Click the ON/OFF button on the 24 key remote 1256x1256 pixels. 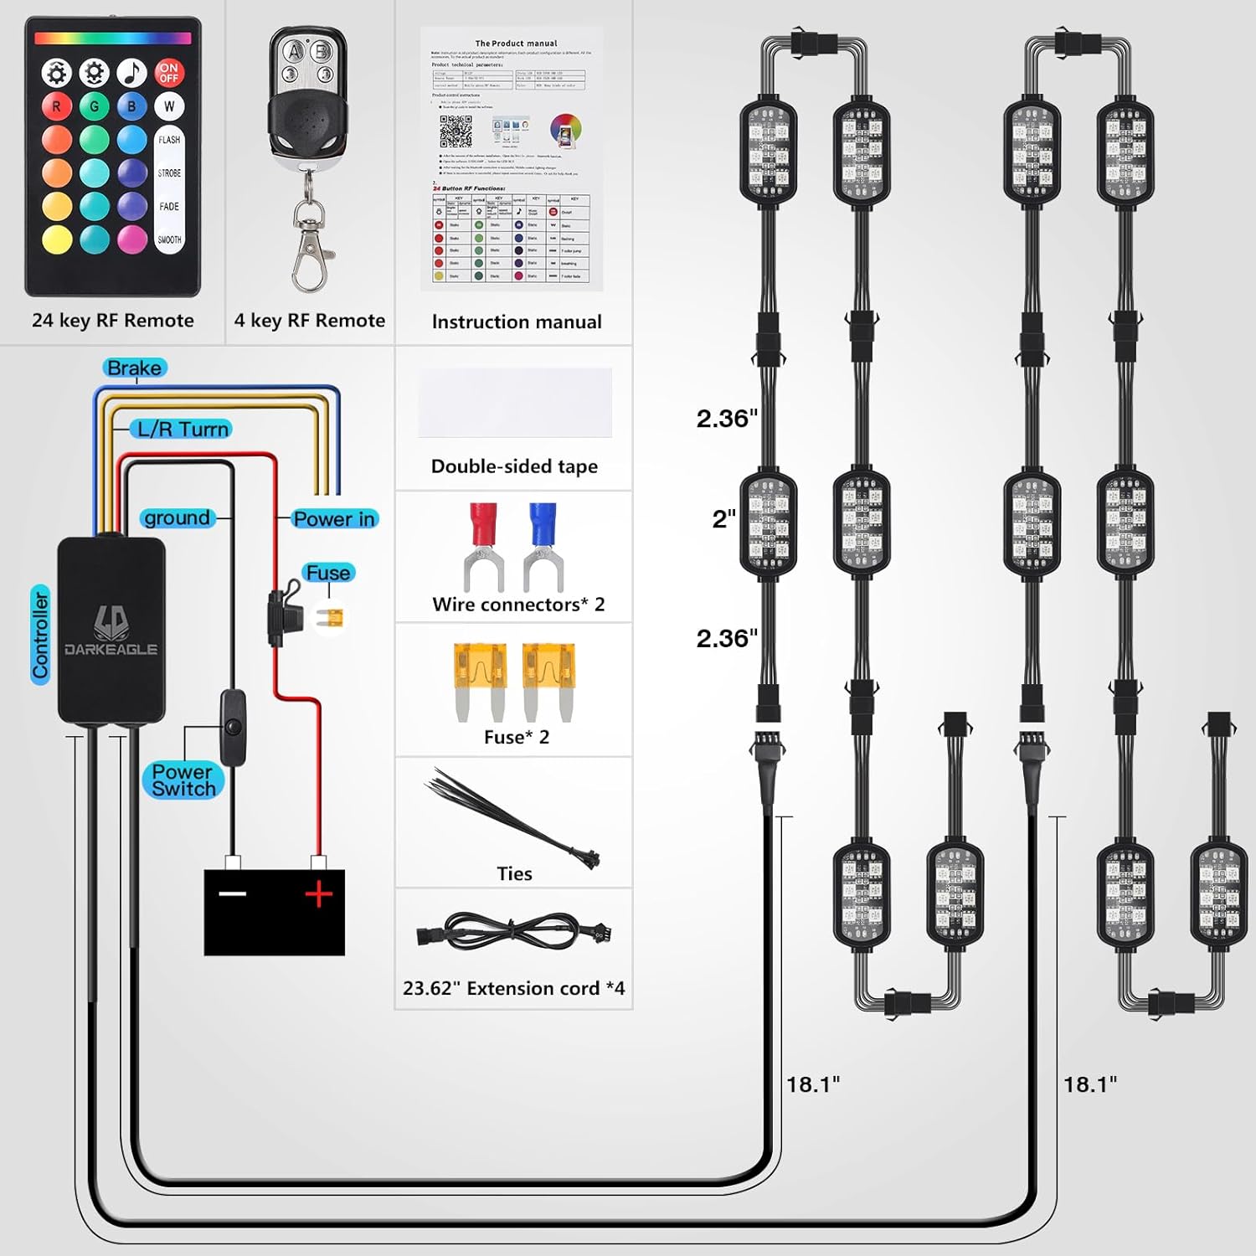tap(169, 73)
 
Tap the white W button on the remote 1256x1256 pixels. tap(169, 106)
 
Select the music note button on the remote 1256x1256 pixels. tap(131, 73)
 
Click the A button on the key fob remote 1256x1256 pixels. tap(294, 52)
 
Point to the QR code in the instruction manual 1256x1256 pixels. tap(456, 131)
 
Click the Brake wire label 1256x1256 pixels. tap(134, 368)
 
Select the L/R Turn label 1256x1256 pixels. tap(182, 429)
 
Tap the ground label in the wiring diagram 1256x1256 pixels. tap(177, 517)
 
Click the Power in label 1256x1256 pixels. tap(334, 519)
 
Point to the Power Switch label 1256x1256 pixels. tap(183, 780)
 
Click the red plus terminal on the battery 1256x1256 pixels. tap(318, 894)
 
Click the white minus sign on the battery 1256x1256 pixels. tap(233, 893)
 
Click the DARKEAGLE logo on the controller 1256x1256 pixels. tap(111, 632)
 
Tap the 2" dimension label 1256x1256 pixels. tap(724, 519)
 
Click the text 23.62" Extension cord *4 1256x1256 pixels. tap(513, 988)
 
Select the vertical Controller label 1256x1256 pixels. tap(40, 635)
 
